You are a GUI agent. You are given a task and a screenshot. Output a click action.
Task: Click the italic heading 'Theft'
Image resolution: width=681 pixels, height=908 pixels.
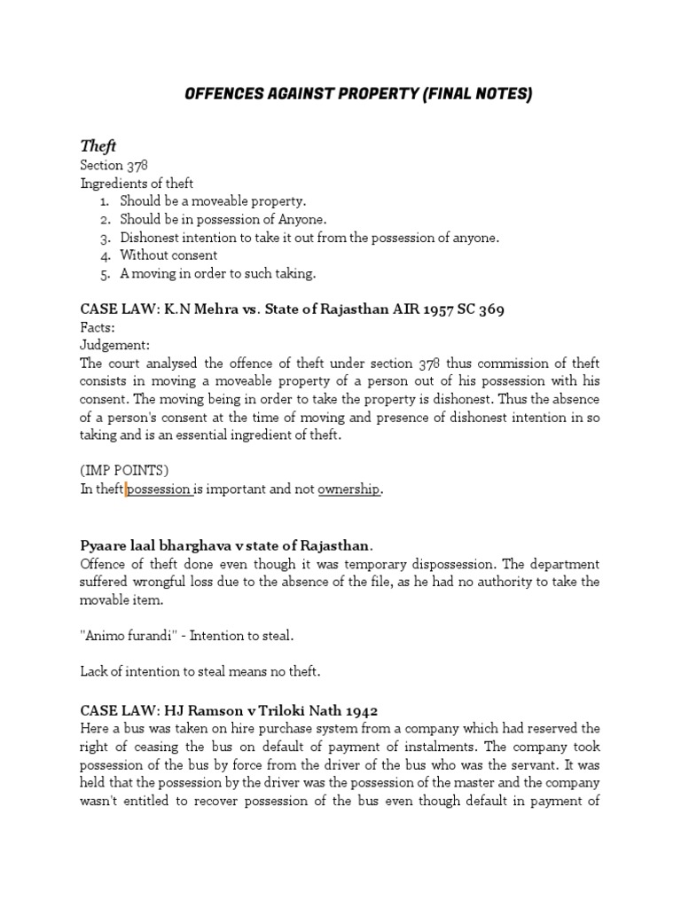(98, 145)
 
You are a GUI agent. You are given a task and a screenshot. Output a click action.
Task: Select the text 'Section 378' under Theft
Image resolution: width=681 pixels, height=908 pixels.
(113, 165)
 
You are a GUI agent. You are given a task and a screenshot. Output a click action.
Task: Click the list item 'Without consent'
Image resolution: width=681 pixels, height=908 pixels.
(168, 255)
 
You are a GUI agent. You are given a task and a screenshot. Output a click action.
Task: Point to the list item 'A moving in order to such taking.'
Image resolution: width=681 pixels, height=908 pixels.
(217, 273)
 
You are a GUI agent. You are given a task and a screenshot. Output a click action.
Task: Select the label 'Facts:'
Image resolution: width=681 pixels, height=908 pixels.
(98, 326)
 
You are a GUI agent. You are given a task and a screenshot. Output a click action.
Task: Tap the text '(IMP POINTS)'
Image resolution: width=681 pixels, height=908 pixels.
(120, 472)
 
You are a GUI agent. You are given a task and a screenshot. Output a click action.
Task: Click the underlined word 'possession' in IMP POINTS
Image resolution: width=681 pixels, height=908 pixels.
(160, 489)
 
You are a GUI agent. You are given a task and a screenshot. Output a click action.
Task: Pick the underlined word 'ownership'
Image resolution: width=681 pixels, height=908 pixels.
(348, 489)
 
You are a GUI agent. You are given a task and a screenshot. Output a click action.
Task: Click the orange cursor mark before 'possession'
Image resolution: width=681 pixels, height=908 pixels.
(127, 489)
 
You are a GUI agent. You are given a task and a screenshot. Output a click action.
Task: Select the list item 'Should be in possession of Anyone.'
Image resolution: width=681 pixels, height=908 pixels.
(223, 219)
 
